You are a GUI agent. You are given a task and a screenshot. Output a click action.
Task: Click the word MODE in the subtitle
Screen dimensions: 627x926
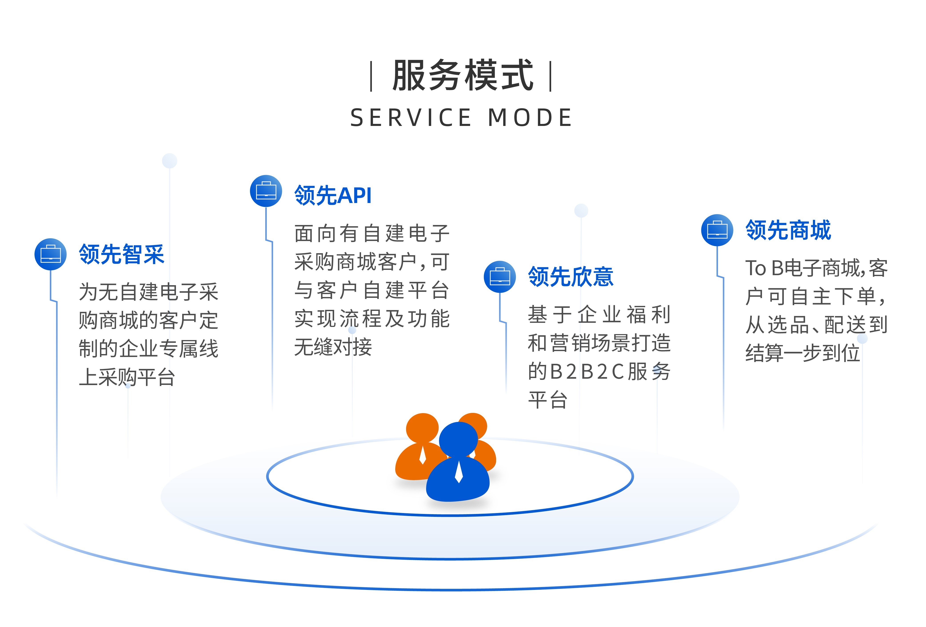(530, 118)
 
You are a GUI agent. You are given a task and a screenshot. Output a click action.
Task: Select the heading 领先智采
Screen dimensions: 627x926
(122, 254)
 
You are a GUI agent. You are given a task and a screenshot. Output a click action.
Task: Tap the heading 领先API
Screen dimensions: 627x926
(333, 195)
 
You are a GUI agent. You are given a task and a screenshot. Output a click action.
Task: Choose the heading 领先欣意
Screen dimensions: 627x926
(571, 277)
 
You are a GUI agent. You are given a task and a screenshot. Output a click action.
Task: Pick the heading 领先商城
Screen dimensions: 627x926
(788, 230)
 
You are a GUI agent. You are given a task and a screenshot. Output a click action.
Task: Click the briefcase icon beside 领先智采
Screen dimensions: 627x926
(51, 254)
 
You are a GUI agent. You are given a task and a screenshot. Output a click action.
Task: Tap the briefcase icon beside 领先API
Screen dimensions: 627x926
(266, 191)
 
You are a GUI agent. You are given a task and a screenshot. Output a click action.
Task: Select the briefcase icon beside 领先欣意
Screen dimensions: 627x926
(500, 277)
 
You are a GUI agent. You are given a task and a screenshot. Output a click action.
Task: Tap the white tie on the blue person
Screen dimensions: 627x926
(459, 471)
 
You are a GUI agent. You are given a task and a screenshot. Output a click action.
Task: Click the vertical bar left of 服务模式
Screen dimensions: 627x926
(371, 76)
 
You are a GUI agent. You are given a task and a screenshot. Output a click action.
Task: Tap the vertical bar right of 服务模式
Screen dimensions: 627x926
(551, 76)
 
